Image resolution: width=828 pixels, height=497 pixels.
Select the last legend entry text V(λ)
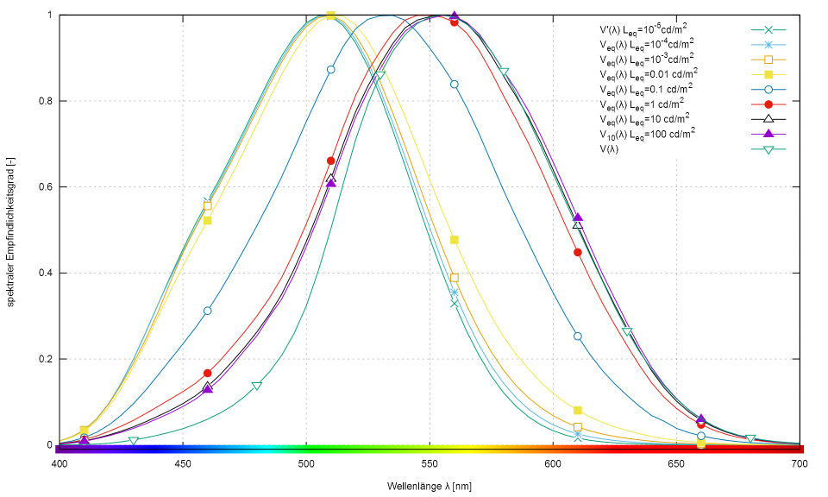[613, 149]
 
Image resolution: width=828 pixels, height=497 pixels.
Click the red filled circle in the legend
[768, 104]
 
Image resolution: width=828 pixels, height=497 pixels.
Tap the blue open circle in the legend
[768, 89]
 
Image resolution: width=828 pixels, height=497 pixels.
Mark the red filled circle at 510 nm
[331, 160]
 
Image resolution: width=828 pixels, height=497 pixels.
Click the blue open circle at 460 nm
[207, 311]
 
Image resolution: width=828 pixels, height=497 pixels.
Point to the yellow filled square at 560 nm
[455, 240]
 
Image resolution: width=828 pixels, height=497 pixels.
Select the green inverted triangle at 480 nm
[257, 386]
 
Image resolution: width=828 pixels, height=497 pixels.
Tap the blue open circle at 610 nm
[578, 337]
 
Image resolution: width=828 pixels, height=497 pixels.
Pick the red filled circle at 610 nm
[578, 252]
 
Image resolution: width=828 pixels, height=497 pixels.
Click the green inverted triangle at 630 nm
[627, 331]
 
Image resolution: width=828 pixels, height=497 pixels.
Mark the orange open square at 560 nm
[455, 278]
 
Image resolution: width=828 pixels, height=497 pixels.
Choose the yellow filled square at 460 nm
[207, 220]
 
